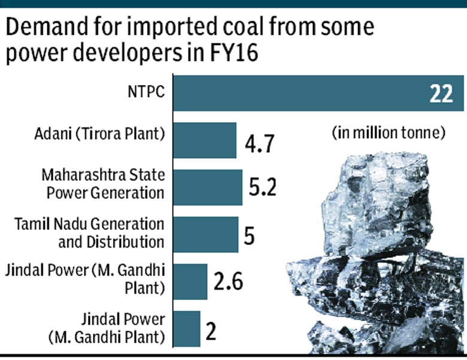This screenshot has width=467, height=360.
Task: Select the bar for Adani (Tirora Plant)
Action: (205, 140)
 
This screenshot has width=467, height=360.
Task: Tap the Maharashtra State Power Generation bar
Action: (207, 187)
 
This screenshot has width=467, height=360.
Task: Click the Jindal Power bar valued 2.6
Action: (190, 282)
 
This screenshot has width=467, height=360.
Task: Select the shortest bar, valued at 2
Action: (187, 329)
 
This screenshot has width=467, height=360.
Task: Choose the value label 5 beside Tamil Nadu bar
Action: (249, 235)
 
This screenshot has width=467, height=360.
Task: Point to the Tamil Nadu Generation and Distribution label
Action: (89, 233)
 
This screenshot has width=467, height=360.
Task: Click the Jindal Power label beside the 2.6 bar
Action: (89, 279)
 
